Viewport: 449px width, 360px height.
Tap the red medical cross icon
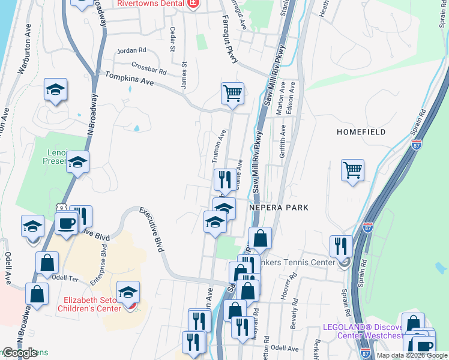pyautogui.click(x=193, y=5)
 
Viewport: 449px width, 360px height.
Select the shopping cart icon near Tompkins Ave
pyautogui.click(x=232, y=93)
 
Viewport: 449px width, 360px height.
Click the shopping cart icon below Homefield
pyautogui.click(x=352, y=170)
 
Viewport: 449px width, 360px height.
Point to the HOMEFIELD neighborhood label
pyautogui.click(x=361, y=131)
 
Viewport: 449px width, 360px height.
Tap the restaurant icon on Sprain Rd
pyautogui.click(x=340, y=245)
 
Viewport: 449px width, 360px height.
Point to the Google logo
pyautogui.click(x=20, y=353)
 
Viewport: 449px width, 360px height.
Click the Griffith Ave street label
pyautogui.click(x=282, y=145)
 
